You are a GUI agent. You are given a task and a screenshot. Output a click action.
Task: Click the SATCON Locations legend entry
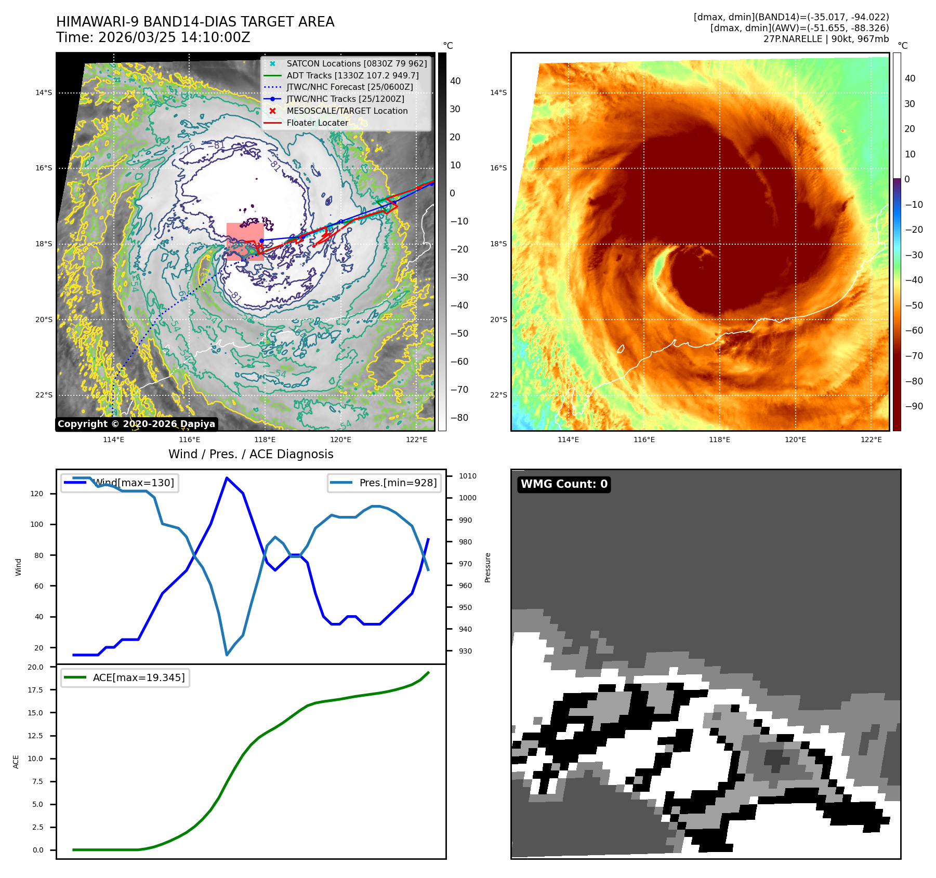(x=357, y=63)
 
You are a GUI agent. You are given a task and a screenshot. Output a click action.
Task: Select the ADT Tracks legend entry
(x=352, y=75)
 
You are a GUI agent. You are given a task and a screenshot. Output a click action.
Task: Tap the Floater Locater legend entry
(x=317, y=123)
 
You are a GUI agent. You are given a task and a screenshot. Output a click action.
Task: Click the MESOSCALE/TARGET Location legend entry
(x=347, y=111)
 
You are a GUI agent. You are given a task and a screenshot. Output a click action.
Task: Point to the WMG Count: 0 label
(x=564, y=484)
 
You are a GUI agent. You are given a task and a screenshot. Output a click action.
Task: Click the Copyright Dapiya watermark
(x=136, y=424)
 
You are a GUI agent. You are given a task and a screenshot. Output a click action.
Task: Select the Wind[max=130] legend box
(x=120, y=483)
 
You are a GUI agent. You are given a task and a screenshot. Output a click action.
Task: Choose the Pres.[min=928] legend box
(x=385, y=483)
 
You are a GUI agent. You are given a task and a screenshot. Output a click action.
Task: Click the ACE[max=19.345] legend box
(x=125, y=677)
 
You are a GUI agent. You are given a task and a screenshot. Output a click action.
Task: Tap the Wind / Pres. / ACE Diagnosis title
(x=251, y=454)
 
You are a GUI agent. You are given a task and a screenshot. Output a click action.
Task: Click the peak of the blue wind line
(x=227, y=477)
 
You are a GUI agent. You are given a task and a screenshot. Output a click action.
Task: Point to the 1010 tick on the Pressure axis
(x=467, y=476)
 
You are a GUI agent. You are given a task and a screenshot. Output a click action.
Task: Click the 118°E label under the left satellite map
(x=265, y=440)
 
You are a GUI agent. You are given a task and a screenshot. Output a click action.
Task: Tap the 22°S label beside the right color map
(x=498, y=395)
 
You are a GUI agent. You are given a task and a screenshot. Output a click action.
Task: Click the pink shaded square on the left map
(x=245, y=241)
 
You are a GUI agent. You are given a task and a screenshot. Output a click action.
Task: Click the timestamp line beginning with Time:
(x=153, y=37)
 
